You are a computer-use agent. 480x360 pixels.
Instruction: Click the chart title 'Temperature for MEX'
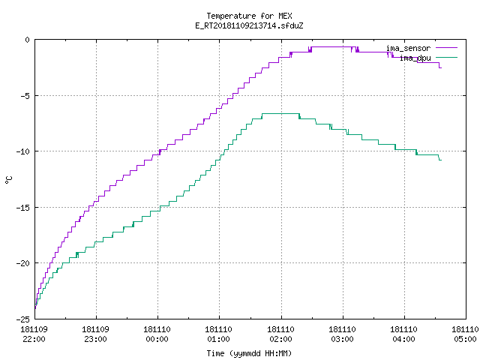249,16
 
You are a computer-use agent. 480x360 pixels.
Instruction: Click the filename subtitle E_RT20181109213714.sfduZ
249,25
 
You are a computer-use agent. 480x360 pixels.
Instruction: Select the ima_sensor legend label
408,48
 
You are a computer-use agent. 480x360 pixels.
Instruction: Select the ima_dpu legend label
415,58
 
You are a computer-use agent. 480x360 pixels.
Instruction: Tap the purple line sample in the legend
447,48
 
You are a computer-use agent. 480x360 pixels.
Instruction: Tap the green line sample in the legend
447,57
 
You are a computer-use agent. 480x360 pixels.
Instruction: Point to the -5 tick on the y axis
23,96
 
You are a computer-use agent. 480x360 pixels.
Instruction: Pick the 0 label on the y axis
28,40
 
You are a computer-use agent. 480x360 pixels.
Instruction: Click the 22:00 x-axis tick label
34,339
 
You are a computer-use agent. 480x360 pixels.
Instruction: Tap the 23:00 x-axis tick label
95,339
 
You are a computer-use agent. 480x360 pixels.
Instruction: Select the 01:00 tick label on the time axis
218,339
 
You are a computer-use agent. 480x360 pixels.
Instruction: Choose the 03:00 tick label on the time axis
342,339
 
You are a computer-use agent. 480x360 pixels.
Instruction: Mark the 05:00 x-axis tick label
465,339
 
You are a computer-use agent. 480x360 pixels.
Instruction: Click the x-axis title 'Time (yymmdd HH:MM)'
249,353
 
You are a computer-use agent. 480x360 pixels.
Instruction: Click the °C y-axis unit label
8,180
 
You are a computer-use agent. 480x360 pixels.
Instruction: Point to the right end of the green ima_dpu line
442,160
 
